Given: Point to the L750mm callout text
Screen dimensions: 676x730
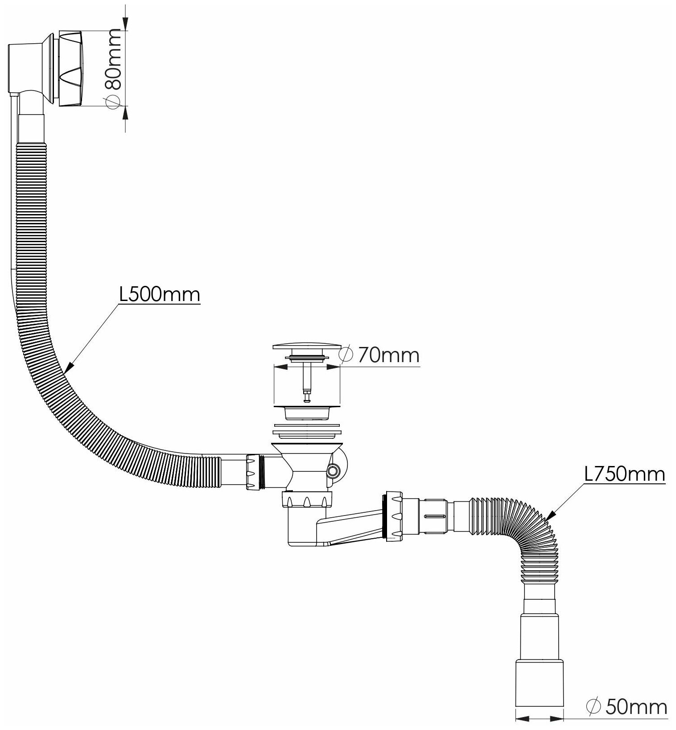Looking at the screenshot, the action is pyautogui.click(x=624, y=474).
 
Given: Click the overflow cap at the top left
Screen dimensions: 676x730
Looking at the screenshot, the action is pyautogui.click(x=71, y=68).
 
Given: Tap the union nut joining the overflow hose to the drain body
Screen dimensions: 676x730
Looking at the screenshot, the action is pyautogui.click(x=252, y=472).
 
